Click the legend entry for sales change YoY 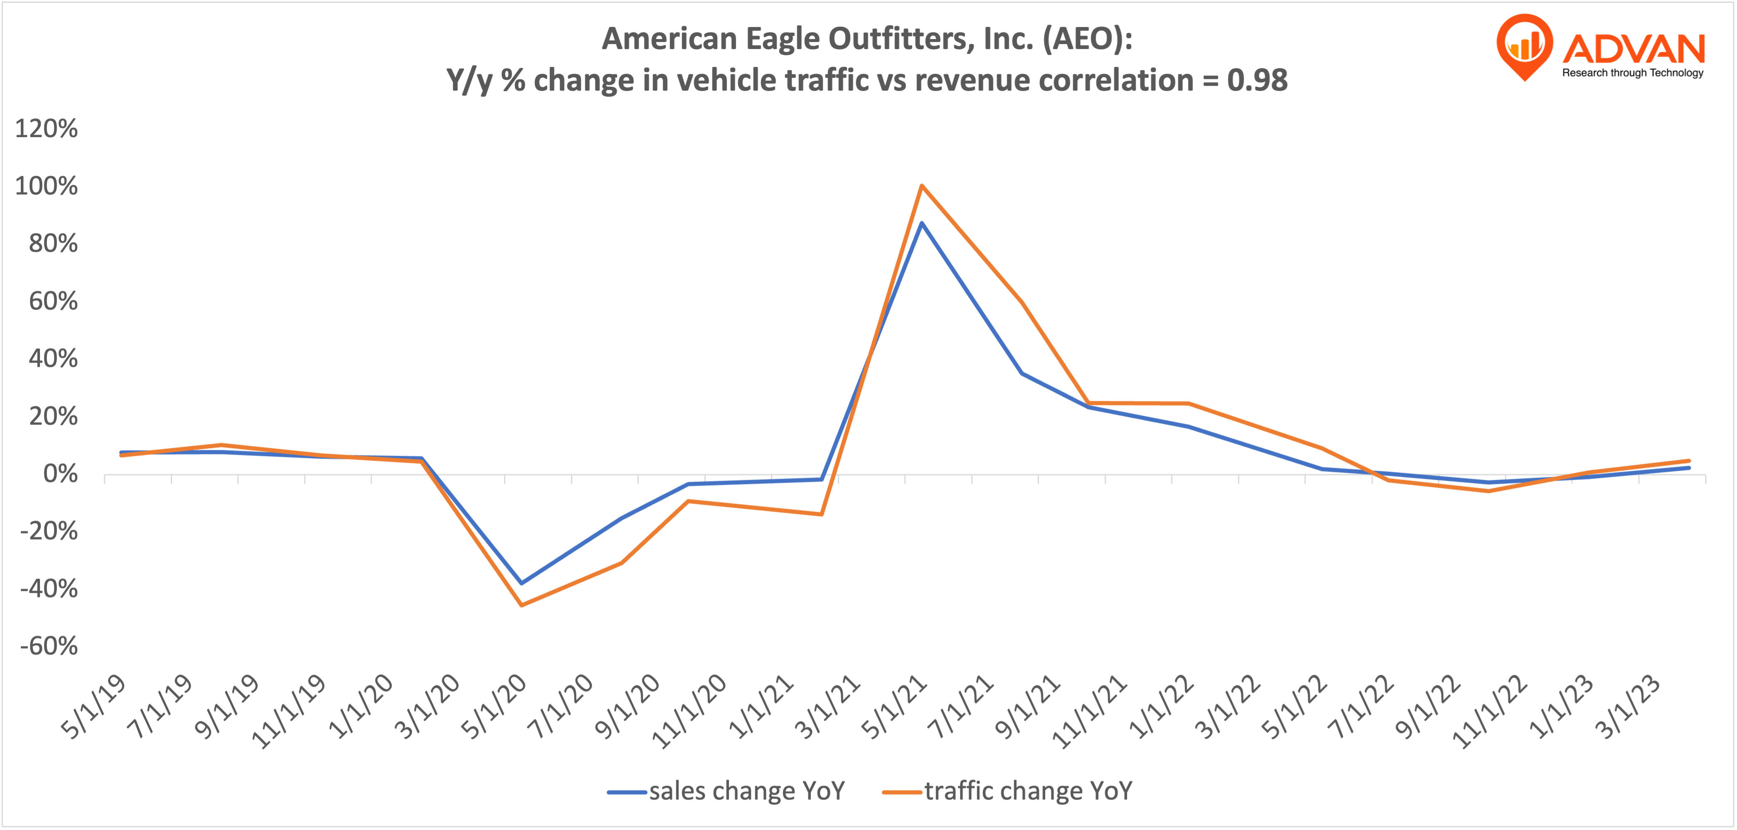pos(726,791)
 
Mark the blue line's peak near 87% pos(922,223)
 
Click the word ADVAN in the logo pos(1633,49)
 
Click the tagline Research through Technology pos(1632,73)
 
